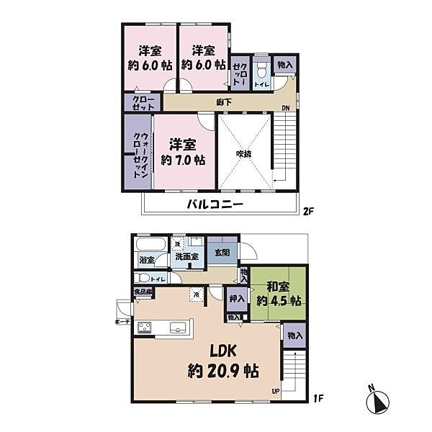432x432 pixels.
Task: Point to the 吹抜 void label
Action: (x=244, y=153)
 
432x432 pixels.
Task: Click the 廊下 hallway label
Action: (x=224, y=102)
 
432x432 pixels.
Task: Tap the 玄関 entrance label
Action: (x=221, y=252)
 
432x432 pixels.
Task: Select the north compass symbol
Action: (x=381, y=400)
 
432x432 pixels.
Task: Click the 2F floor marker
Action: (x=309, y=211)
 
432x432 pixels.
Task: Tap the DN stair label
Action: (x=286, y=109)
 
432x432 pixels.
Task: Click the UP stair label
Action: (x=274, y=392)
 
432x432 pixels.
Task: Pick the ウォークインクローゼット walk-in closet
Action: (x=137, y=156)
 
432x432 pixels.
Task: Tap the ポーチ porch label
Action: (x=122, y=322)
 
